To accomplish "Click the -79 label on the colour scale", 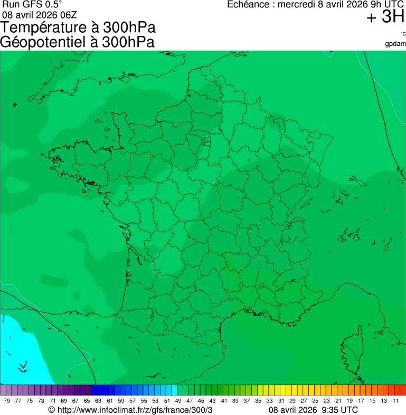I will point(6,401).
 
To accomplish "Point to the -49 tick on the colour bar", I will point(177,401).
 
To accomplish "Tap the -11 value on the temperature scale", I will point(394,401).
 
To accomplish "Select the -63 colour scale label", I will point(98,401).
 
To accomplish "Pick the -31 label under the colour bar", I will point(280,401).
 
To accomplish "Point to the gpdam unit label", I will point(395,43).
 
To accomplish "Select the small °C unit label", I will point(403,34).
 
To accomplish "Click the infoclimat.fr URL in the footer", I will point(135,410).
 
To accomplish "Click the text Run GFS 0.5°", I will point(32,4).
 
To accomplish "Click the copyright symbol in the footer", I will point(51,410).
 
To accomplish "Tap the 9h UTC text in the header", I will point(385,5).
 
